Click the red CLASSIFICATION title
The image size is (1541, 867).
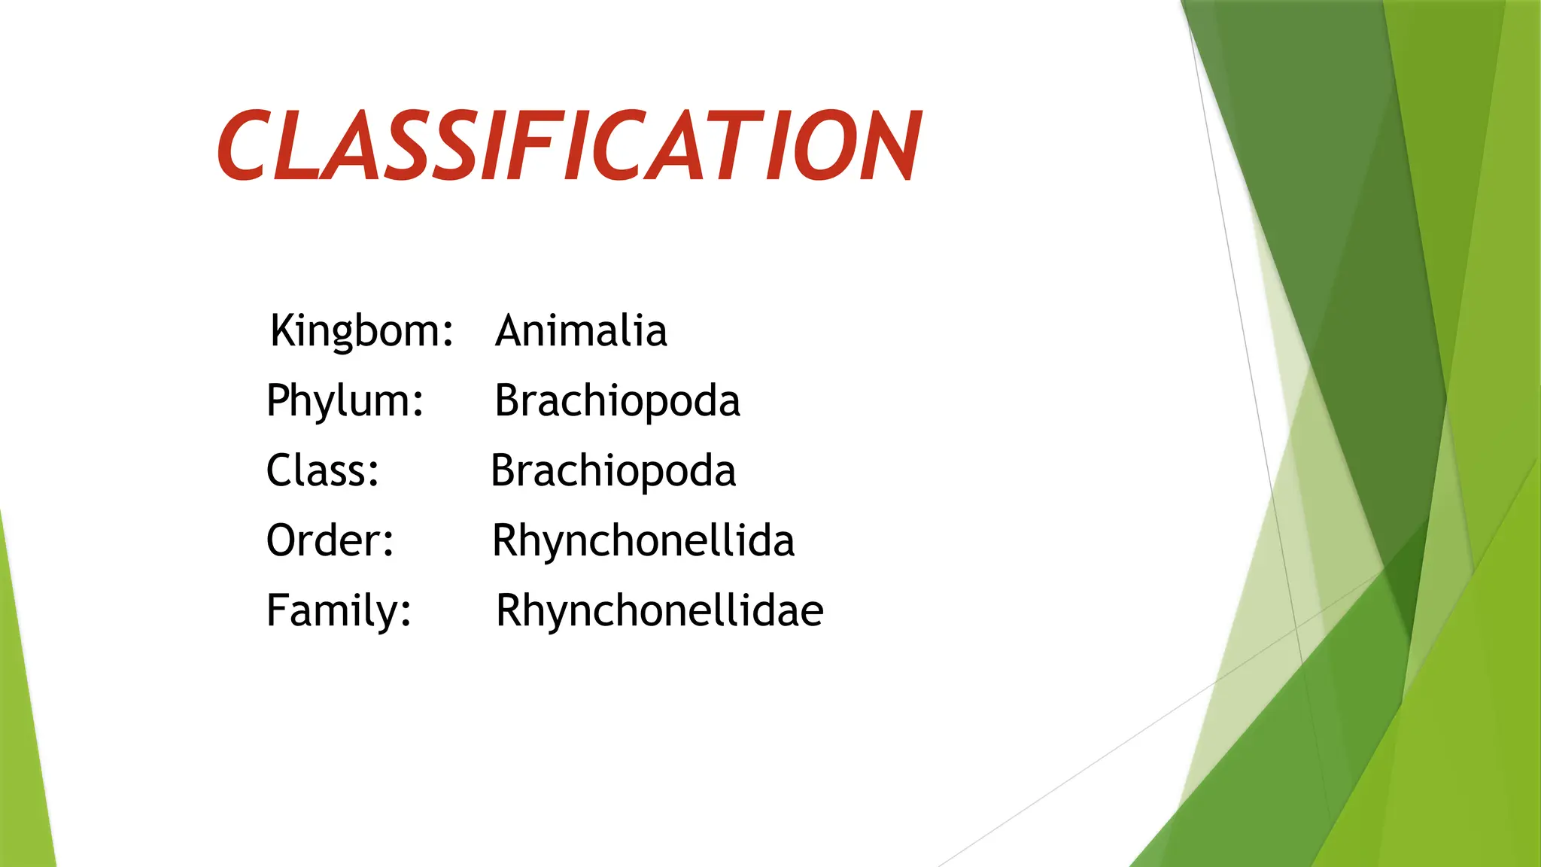click(x=569, y=146)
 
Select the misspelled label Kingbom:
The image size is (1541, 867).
click(x=362, y=331)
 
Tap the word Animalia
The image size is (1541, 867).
click(x=581, y=331)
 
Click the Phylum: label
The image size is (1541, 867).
click(x=345, y=401)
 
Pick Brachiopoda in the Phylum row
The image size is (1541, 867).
click(x=617, y=401)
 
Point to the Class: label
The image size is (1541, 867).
click(x=323, y=471)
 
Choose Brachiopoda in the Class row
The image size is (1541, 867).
click(x=613, y=471)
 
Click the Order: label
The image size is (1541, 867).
click(x=330, y=540)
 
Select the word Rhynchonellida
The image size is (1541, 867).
click(x=643, y=540)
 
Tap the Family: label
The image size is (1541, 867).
click(x=339, y=610)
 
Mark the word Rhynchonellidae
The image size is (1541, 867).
click(x=660, y=610)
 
